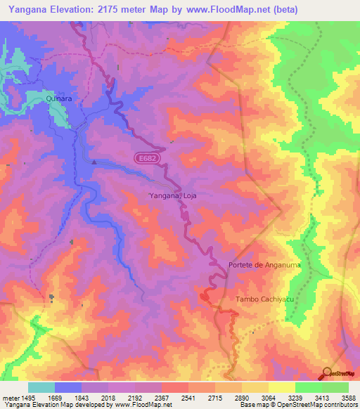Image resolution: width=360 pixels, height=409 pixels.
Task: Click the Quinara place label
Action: tap(60, 100)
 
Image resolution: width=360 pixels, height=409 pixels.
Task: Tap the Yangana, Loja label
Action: tap(172, 196)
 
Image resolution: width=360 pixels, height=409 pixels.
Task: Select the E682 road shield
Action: tap(147, 159)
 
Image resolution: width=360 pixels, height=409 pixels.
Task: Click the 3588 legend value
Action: tap(347, 398)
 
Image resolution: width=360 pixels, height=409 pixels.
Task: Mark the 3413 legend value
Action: tap(321, 398)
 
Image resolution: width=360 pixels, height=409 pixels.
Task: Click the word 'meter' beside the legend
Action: tap(10, 398)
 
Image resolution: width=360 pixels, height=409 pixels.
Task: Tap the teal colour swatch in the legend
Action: tap(41, 387)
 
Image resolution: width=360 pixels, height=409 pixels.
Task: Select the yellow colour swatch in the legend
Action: tap(282, 387)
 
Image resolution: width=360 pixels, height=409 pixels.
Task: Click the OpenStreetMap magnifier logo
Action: tap(326, 375)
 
